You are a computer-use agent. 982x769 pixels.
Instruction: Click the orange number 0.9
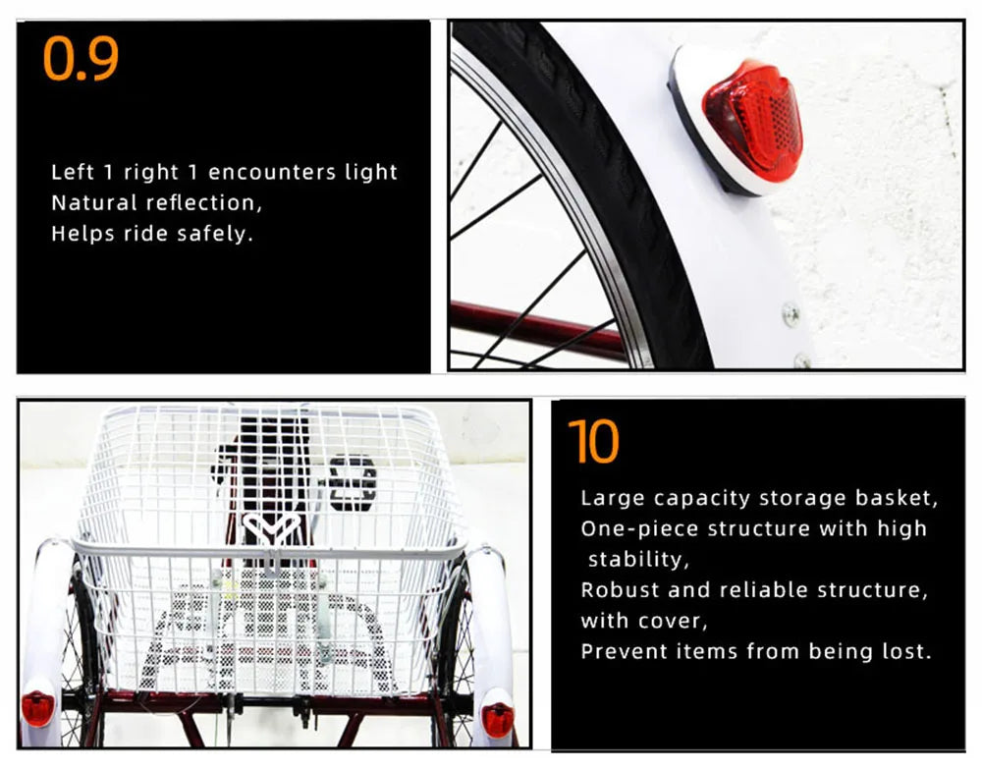(x=82, y=59)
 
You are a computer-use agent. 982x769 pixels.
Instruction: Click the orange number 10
(x=594, y=441)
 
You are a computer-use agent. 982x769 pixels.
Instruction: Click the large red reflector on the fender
(x=752, y=120)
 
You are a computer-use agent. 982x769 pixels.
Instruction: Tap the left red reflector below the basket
(x=37, y=708)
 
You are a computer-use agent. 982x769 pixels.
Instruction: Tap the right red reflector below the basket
(x=498, y=720)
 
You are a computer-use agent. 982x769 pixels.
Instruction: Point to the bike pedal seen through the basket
(x=353, y=482)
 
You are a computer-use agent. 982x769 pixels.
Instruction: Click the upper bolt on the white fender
(x=791, y=313)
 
